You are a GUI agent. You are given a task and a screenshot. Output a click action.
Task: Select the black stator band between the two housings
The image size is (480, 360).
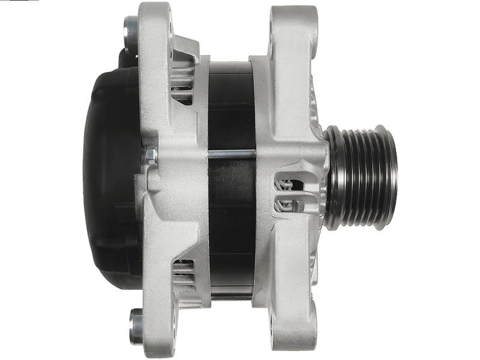231,108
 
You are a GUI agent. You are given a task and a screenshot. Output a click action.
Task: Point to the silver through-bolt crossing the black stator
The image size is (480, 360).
231,154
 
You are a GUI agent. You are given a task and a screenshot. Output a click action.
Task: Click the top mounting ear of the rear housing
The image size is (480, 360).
157,24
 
